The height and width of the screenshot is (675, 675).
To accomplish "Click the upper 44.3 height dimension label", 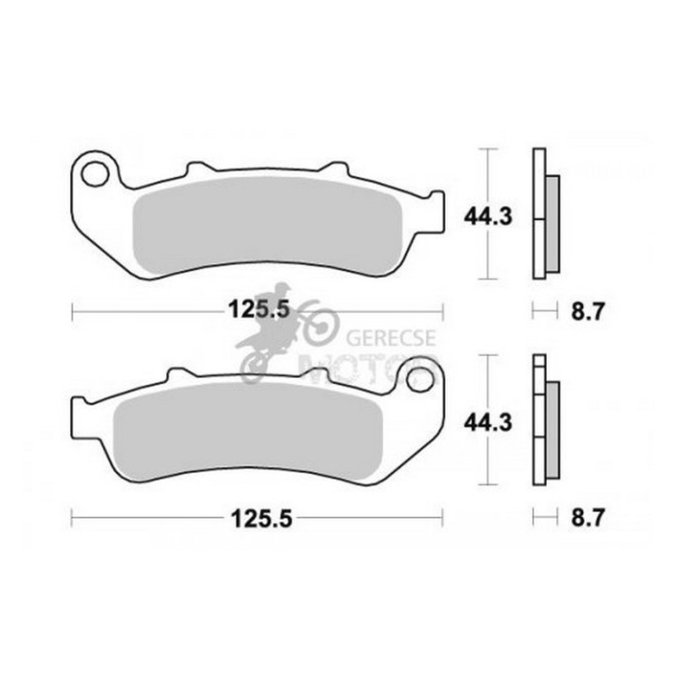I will (x=488, y=215).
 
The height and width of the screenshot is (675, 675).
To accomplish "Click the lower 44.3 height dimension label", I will (x=488, y=423).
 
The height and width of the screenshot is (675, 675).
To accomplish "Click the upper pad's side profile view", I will (x=544, y=215).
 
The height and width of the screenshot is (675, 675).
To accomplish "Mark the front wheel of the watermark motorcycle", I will (x=319, y=323).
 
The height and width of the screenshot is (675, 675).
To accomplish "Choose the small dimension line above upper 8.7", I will (x=544, y=309).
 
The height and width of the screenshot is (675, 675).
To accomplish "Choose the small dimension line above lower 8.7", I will (x=544, y=518).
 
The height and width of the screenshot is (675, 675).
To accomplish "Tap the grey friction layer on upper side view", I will (x=552, y=223).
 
